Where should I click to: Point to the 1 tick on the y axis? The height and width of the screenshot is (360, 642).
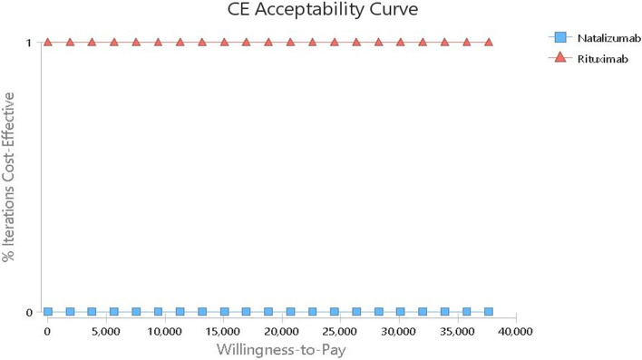click(x=29, y=43)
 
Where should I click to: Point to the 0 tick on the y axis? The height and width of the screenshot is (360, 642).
click(x=29, y=313)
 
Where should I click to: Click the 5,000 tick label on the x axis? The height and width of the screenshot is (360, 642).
click(x=106, y=332)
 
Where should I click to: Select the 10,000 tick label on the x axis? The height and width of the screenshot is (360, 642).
click(x=164, y=332)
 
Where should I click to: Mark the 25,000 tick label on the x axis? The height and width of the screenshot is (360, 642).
click(x=340, y=332)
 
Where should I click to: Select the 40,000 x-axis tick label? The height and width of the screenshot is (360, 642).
click(x=516, y=332)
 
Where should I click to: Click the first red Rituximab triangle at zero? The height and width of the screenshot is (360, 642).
click(x=48, y=42)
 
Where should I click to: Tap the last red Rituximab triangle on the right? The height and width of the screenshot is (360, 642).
click(x=489, y=42)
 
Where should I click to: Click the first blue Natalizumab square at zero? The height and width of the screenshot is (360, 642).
click(x=48, y=311)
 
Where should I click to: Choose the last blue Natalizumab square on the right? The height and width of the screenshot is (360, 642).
click(x=489, y=311)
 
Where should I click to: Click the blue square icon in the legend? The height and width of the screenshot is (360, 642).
click(x=559, y=38)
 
